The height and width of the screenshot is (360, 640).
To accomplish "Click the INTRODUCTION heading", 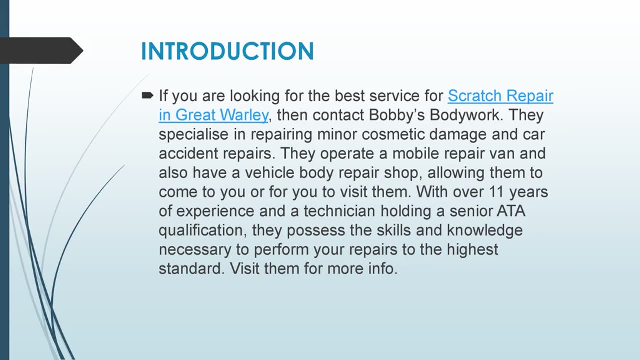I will pyautogui.click(x=227, y=51).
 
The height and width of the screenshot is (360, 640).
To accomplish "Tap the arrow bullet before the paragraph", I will pyautogui.click(x=147, y=95).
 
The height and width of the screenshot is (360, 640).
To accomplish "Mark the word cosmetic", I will pyautogui.click(x=389, y=134).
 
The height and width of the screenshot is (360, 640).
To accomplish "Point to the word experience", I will pyautogui.click(x=214, y=211).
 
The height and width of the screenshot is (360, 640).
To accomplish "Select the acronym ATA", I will pyautogui.click(x=511, y=211).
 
